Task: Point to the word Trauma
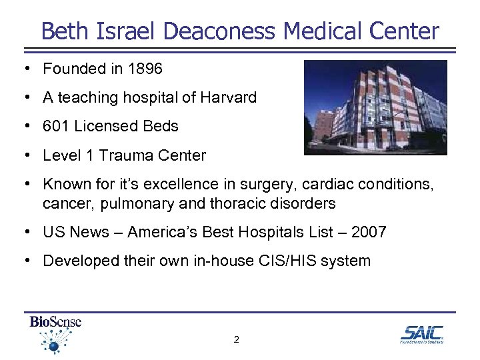(126, 155)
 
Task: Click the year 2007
(368, 232)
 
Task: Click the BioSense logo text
(55, 322)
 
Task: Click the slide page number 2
(236, 339)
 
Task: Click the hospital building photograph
(375, 107)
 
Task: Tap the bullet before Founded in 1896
(23, 69)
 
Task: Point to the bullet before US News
(23, 232)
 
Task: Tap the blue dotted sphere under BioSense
(53, 345)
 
